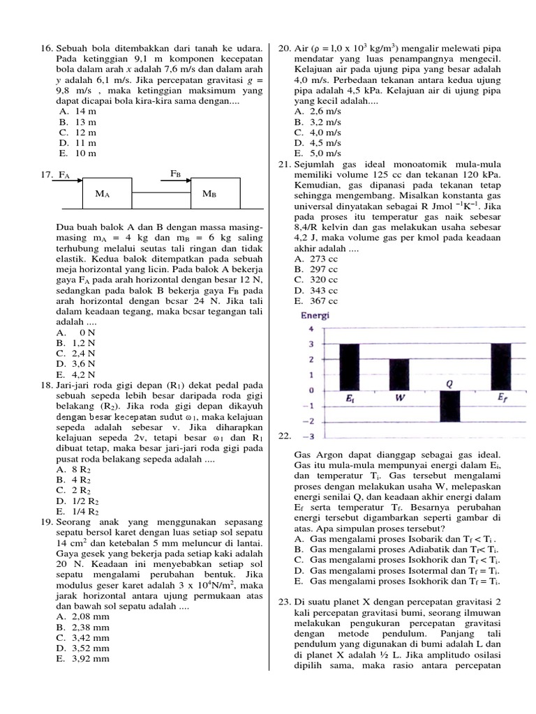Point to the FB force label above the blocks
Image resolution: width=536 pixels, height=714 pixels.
click(x=176, y=172)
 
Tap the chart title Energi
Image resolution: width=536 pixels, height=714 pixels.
click(x=315, y=315)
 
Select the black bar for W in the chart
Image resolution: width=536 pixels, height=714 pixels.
click(x=399, y=375)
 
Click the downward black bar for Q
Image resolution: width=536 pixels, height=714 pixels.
click(x=449, y=406)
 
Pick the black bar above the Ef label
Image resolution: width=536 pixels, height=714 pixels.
click(x=500, y=367)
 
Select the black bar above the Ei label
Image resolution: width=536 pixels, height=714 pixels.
click(x=349, y=367)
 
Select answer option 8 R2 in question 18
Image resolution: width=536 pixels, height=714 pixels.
click(x=77, y=469)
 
